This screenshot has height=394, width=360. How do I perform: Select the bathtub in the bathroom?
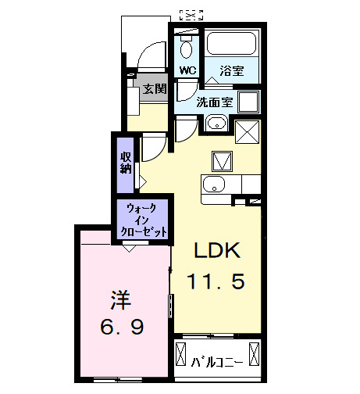click(231, 45)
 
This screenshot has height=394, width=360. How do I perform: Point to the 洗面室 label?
click(213, 102)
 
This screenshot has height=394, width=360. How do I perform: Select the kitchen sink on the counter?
click(213, 186)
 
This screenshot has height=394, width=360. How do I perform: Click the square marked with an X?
click(248, 131)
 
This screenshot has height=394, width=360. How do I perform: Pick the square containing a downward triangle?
click(221, 160)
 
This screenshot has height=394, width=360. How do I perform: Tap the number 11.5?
click(216, 279)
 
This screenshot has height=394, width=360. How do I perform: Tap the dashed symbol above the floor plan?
click(191, 13)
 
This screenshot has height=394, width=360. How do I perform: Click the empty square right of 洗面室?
click(249, 102)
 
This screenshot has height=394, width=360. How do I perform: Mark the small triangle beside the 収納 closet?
click(142, 181)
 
